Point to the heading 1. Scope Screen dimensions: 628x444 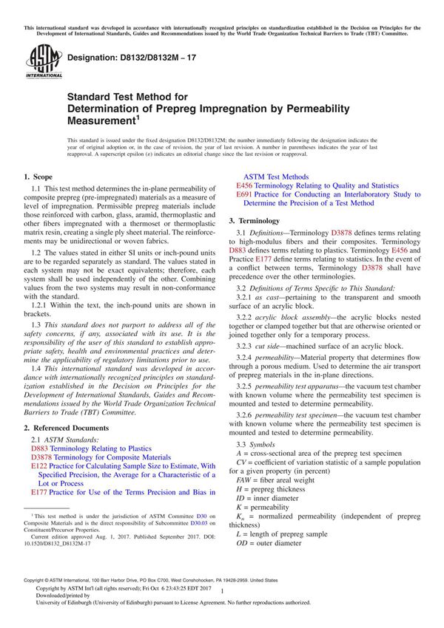click(x=38, y=177)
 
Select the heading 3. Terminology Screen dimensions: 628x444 click(x=254, y=221)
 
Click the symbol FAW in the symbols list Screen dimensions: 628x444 click(x=238, y=479)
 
